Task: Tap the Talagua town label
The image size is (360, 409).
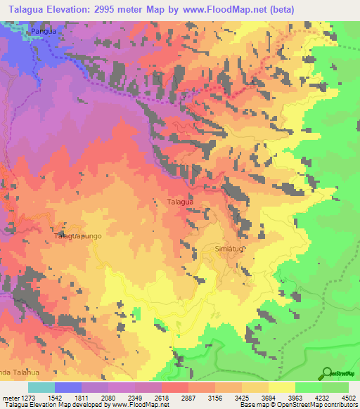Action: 180,202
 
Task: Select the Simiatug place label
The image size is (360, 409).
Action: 229,249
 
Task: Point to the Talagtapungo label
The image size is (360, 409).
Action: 78,236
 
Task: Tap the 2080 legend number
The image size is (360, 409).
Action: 108,397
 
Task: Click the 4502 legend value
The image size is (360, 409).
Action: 349,397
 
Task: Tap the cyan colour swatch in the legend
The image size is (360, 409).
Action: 41,387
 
